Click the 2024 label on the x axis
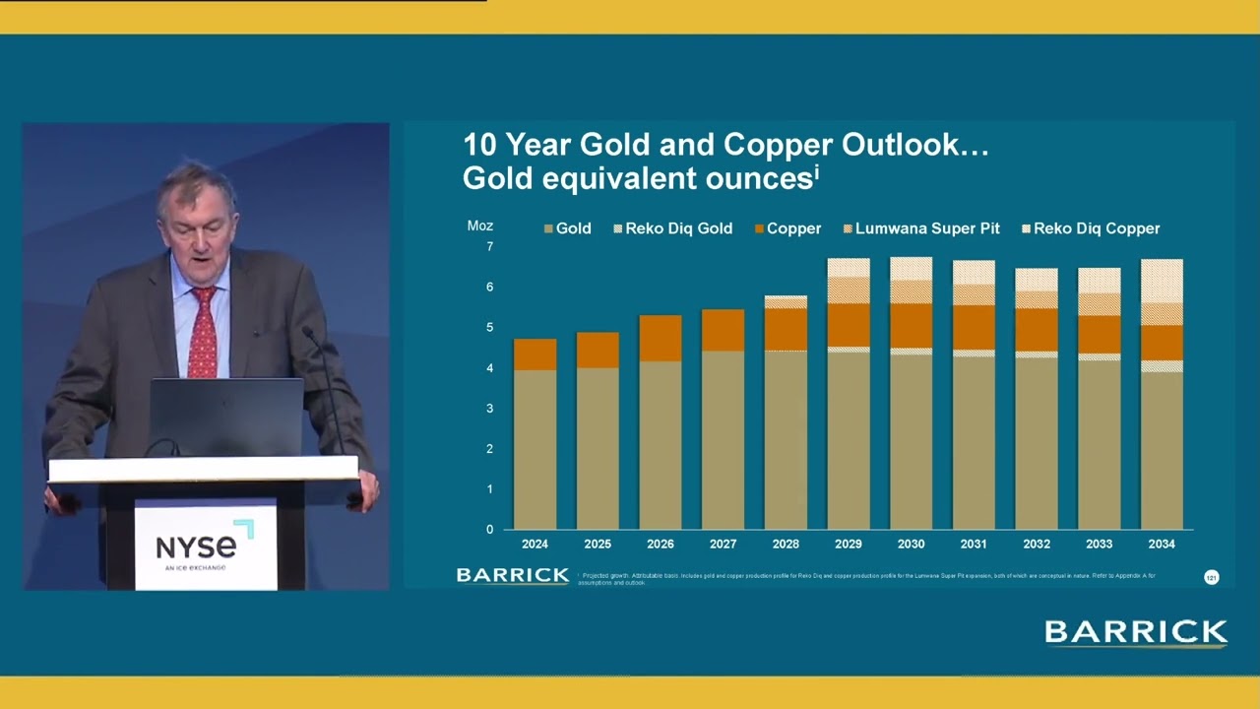(535, 544)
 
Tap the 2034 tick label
(1161, 544)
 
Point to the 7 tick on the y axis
(489, 246)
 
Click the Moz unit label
(479, 226)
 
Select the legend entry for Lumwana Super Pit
(926, 228)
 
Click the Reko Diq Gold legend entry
(678, 228)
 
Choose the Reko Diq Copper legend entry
(1096, 228)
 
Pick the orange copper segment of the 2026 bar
(660, 338)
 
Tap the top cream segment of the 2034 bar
(1161, 281)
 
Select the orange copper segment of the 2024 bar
(535, 354)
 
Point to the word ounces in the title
(758, 178)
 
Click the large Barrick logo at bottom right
(1136, 632)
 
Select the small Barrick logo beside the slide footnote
(512, 575)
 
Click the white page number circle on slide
(1212, 577)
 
